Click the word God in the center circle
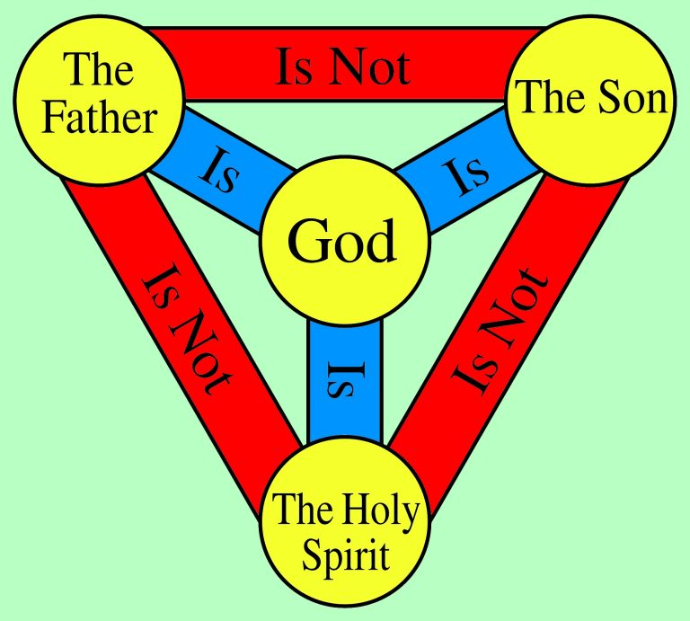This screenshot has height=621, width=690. tap(342, 241)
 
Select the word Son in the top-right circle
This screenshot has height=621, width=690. tap(632, 98)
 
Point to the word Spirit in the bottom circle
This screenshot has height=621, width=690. tap(346, 556)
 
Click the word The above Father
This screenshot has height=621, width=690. tap(98, 68)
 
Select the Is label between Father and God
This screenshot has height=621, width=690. tap(219, 171)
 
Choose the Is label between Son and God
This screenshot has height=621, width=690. tap(466, 175)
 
